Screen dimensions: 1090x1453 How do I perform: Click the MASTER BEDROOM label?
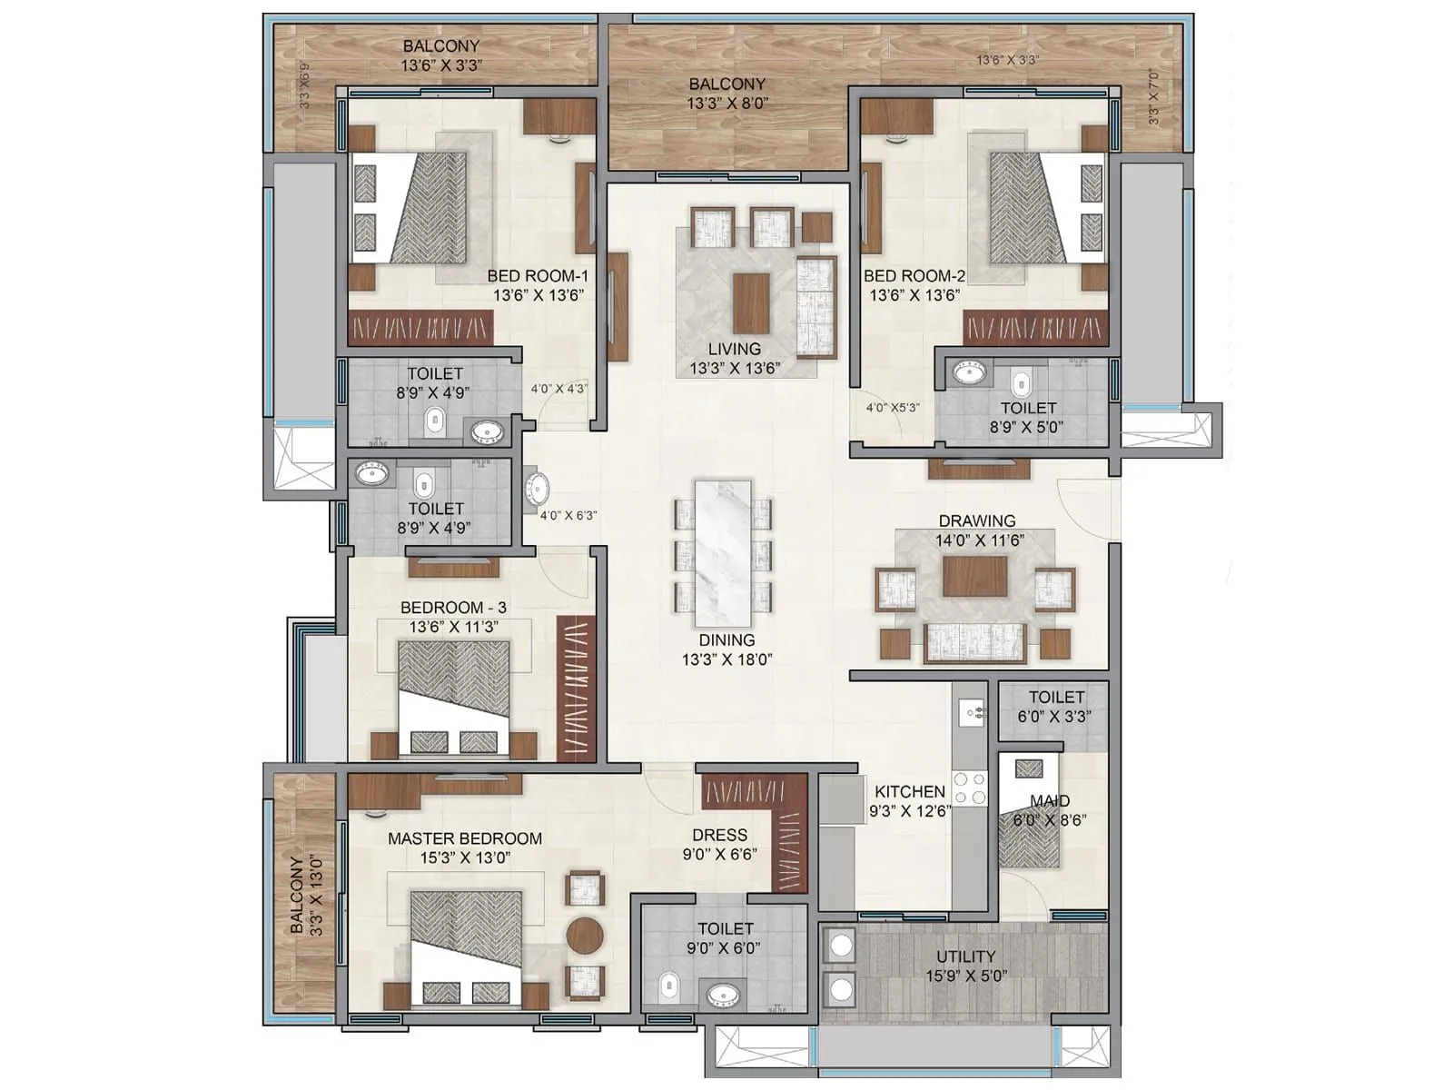[x=464, y=838]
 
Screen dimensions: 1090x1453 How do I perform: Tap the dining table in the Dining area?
[x=723, y=548]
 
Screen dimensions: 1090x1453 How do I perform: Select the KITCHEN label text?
[x=909, y=791]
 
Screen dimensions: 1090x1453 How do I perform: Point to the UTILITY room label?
[x=965, y=956]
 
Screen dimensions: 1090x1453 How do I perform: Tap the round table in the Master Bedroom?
[x=585, y=935]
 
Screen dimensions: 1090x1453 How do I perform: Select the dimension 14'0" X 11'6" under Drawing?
[x=979, y=540]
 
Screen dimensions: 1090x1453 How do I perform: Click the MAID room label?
[x=1049, y=800]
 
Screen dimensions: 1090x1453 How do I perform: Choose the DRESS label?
[x=719, y=835]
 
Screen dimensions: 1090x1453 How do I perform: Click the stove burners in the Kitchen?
[x=973, y=787]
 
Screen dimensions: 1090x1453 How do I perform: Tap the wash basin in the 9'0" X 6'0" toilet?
[x=724, y=996]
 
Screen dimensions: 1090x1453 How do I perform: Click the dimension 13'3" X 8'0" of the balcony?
[x=727, y=104]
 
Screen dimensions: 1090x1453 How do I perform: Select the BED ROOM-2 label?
[x=914, y=275]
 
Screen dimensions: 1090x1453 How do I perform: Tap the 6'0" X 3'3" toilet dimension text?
[x=1054, y=716]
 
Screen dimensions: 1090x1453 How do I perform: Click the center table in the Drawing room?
[x=974, y=576]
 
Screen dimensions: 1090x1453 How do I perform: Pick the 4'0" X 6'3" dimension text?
[x=568, y=515]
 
